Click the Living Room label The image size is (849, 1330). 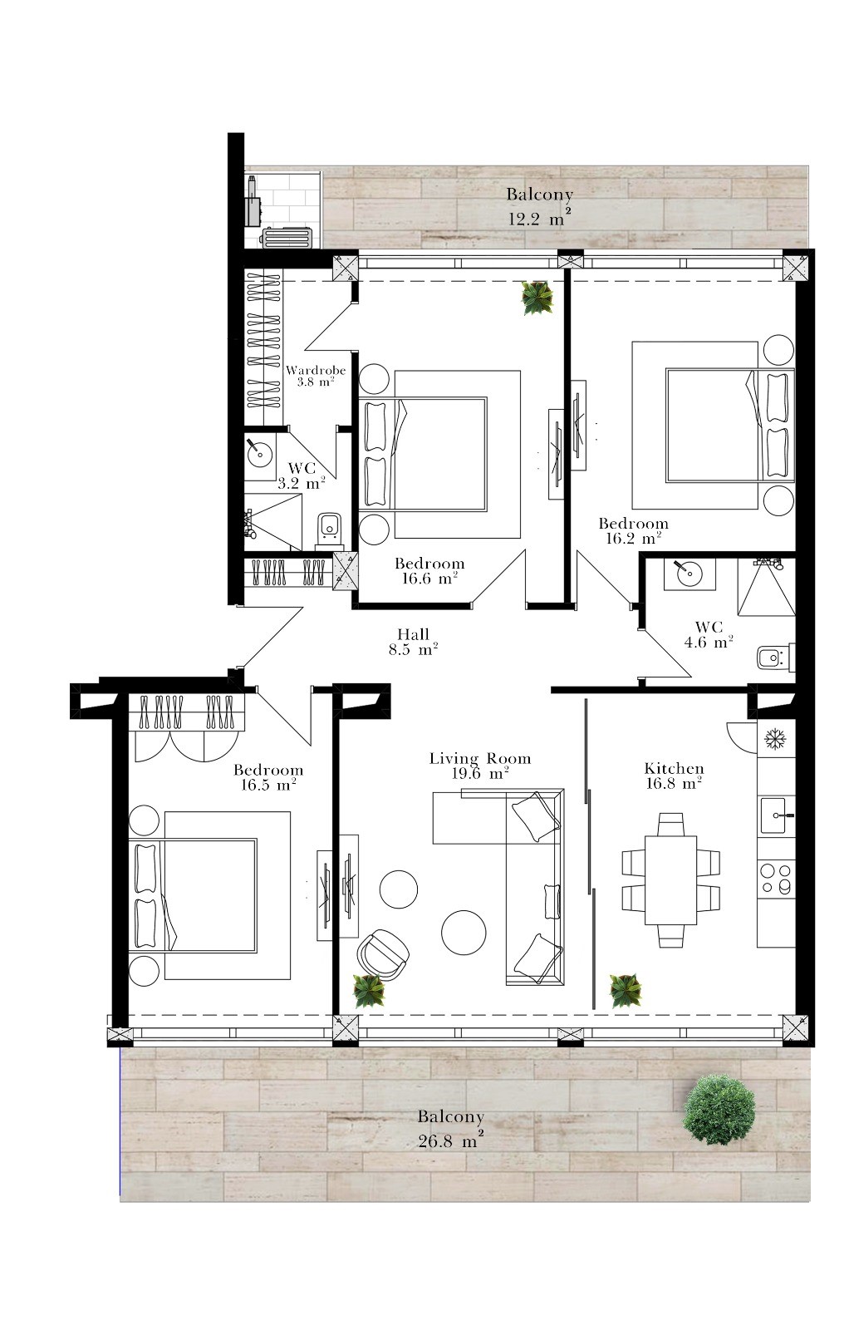[x=479, y=758]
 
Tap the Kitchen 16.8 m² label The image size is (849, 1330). [x=674, y=776]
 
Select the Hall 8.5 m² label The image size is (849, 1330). [x=413, y=642]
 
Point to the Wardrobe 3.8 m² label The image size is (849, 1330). [x=316, y=376]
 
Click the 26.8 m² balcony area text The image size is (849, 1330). [x=451, y=1140]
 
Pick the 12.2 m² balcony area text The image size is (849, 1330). [x=540, y=218]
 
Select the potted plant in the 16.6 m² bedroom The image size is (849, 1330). [x=537, y=298]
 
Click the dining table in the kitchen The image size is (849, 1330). [x=670, y=879]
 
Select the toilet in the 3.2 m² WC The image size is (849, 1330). [x=329, y=529]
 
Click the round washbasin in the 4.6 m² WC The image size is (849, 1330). [x=689, y=573]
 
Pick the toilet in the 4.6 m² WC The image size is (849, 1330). [x=776, y=658]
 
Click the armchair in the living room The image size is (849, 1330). [x=383, y=955]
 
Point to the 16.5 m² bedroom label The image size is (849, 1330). [x=269, y=778]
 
